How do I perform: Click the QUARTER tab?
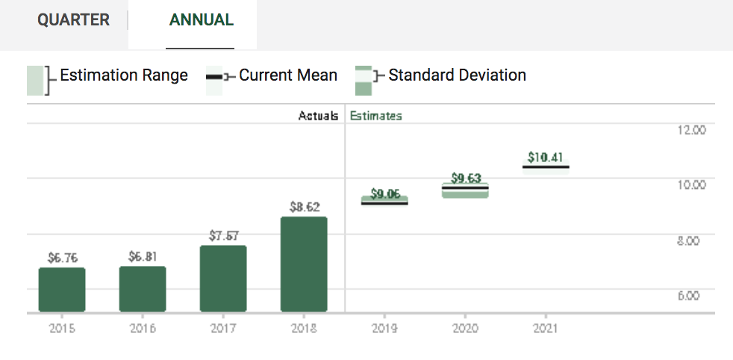(x=73, y=20)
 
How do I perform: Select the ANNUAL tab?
(x=201, y=20)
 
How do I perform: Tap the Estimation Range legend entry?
(x=107, y=80)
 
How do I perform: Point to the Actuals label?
(x=318, y=116)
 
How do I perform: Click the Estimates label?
(x=376, y=116)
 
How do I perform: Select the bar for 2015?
(x=62, y=290)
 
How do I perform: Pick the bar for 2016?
(x=143, y=289)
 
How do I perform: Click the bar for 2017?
(x=223, y=279)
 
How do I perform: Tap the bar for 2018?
(x=304, y=264)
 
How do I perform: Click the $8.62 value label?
(x=305, y=207)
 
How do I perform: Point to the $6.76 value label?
(x=62, y=258)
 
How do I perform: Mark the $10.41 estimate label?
(x=545, y=158)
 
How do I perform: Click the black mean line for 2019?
(x=384, y=203)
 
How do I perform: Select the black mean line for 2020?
(x=465, y=188)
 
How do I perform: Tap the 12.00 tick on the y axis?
(x=691, y=130)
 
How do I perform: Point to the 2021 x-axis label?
(x=545, y=329)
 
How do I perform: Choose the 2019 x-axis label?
(x=384, y=329)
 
